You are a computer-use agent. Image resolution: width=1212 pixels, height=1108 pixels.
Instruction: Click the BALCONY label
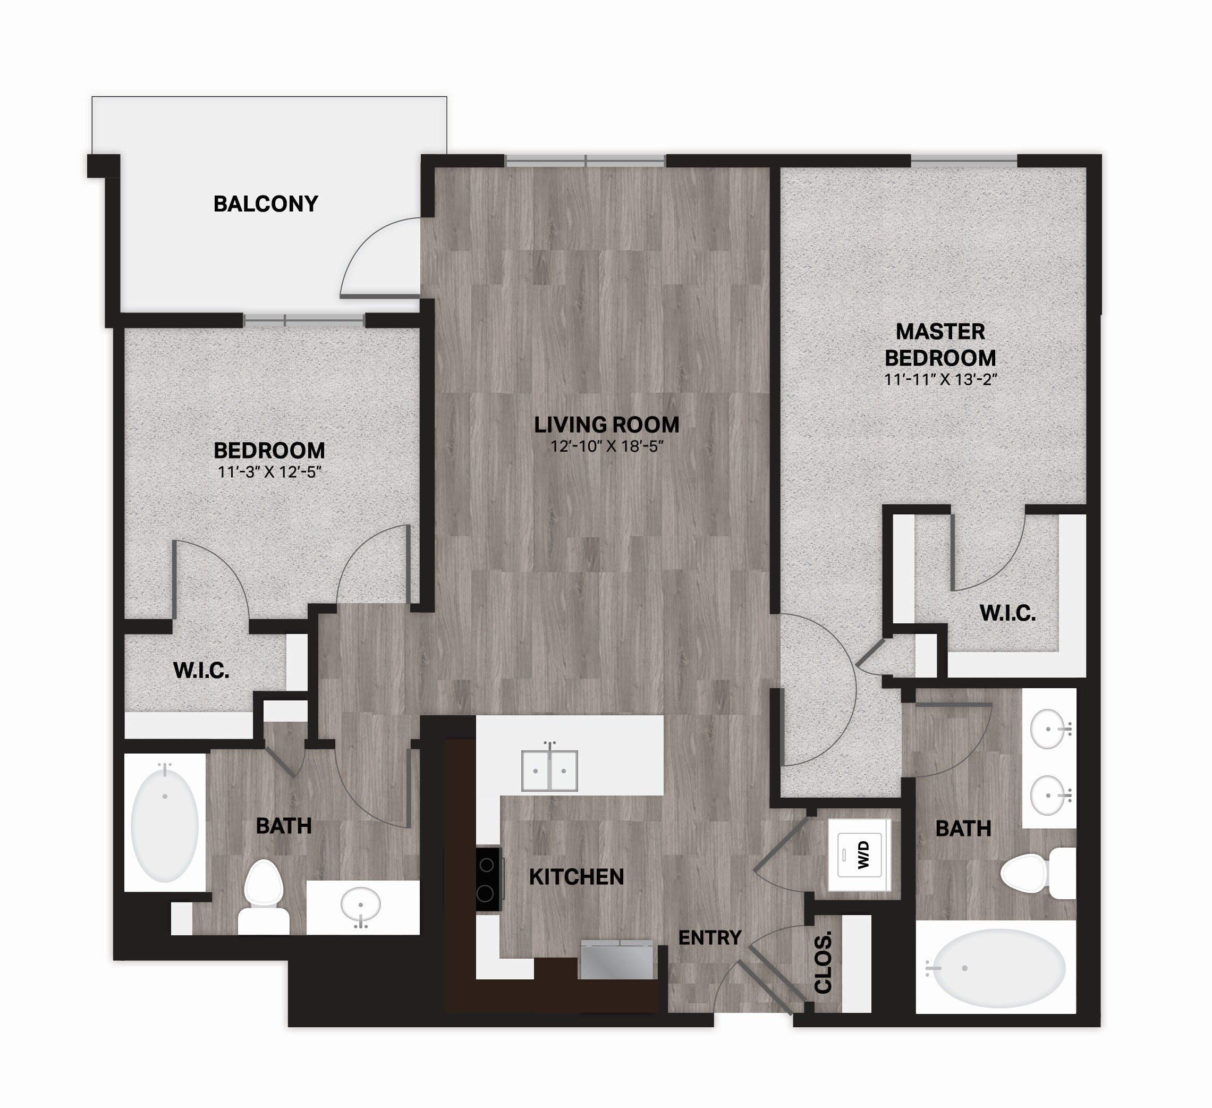click(266, 204)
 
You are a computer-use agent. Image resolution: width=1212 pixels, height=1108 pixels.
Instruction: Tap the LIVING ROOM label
click(607, 425)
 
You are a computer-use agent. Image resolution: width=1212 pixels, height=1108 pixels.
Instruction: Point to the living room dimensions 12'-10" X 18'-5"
click(607, 447)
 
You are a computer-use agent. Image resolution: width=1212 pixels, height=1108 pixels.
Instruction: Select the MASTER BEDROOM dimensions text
click(940, 380)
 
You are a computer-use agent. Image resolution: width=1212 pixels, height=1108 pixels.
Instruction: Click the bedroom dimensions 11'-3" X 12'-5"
click(269, 472)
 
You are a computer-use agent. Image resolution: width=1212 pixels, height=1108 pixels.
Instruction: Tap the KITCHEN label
click(577, 877)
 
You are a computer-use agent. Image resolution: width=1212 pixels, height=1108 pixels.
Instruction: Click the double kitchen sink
click(549, 770)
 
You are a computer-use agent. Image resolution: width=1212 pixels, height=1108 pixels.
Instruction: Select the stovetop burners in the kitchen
click(488, 879)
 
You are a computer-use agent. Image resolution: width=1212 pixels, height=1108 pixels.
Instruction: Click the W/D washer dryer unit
click(859, 855)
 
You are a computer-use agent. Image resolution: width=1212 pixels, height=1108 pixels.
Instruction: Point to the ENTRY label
click(710, 937)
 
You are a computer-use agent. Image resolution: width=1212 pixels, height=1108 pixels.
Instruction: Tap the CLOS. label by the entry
click(823, 962)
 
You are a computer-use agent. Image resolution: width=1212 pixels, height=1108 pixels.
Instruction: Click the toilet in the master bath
click(1038, 874)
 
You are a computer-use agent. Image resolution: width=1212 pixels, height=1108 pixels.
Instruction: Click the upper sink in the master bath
click(1048, 729)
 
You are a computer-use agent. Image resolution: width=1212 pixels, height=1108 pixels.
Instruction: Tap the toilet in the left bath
click(264, 897)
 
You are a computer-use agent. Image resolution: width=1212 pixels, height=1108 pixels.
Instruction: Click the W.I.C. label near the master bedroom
click(1007, 613)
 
